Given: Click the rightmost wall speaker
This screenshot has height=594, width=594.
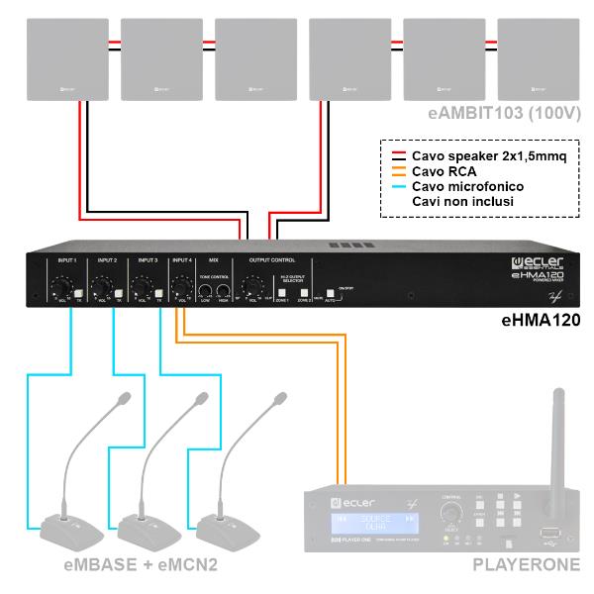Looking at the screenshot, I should point(539,57).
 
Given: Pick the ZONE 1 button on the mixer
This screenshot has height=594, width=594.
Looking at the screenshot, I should point(282,293).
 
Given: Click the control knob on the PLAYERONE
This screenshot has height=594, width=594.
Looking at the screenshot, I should point(451,514).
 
